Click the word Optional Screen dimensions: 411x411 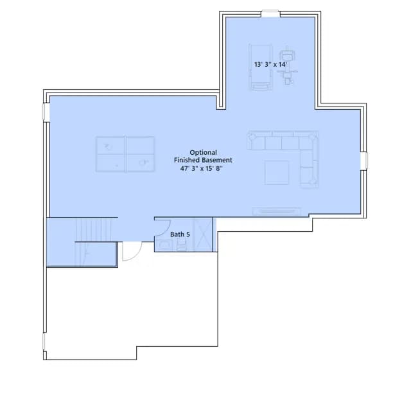coord(203,152)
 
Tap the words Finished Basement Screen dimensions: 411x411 coord(203,160)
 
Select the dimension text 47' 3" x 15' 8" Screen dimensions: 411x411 coord(201,168)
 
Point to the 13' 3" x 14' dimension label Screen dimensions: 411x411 coord(271,64)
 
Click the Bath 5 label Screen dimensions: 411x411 coord(180,234)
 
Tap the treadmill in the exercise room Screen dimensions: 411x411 coord(260,67)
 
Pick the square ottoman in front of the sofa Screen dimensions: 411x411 coord(277,173)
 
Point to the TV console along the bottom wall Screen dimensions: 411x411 coord(277,211)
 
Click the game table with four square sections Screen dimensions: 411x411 coord(125,154)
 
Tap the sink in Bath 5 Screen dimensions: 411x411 coord(165,245)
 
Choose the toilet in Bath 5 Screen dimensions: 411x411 coord(181,246)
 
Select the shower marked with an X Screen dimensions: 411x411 coord(204,234)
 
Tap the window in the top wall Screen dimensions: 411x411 coord(270,13)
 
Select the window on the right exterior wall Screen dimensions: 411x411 coord(364,161)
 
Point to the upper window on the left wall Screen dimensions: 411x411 coord(46,112)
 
